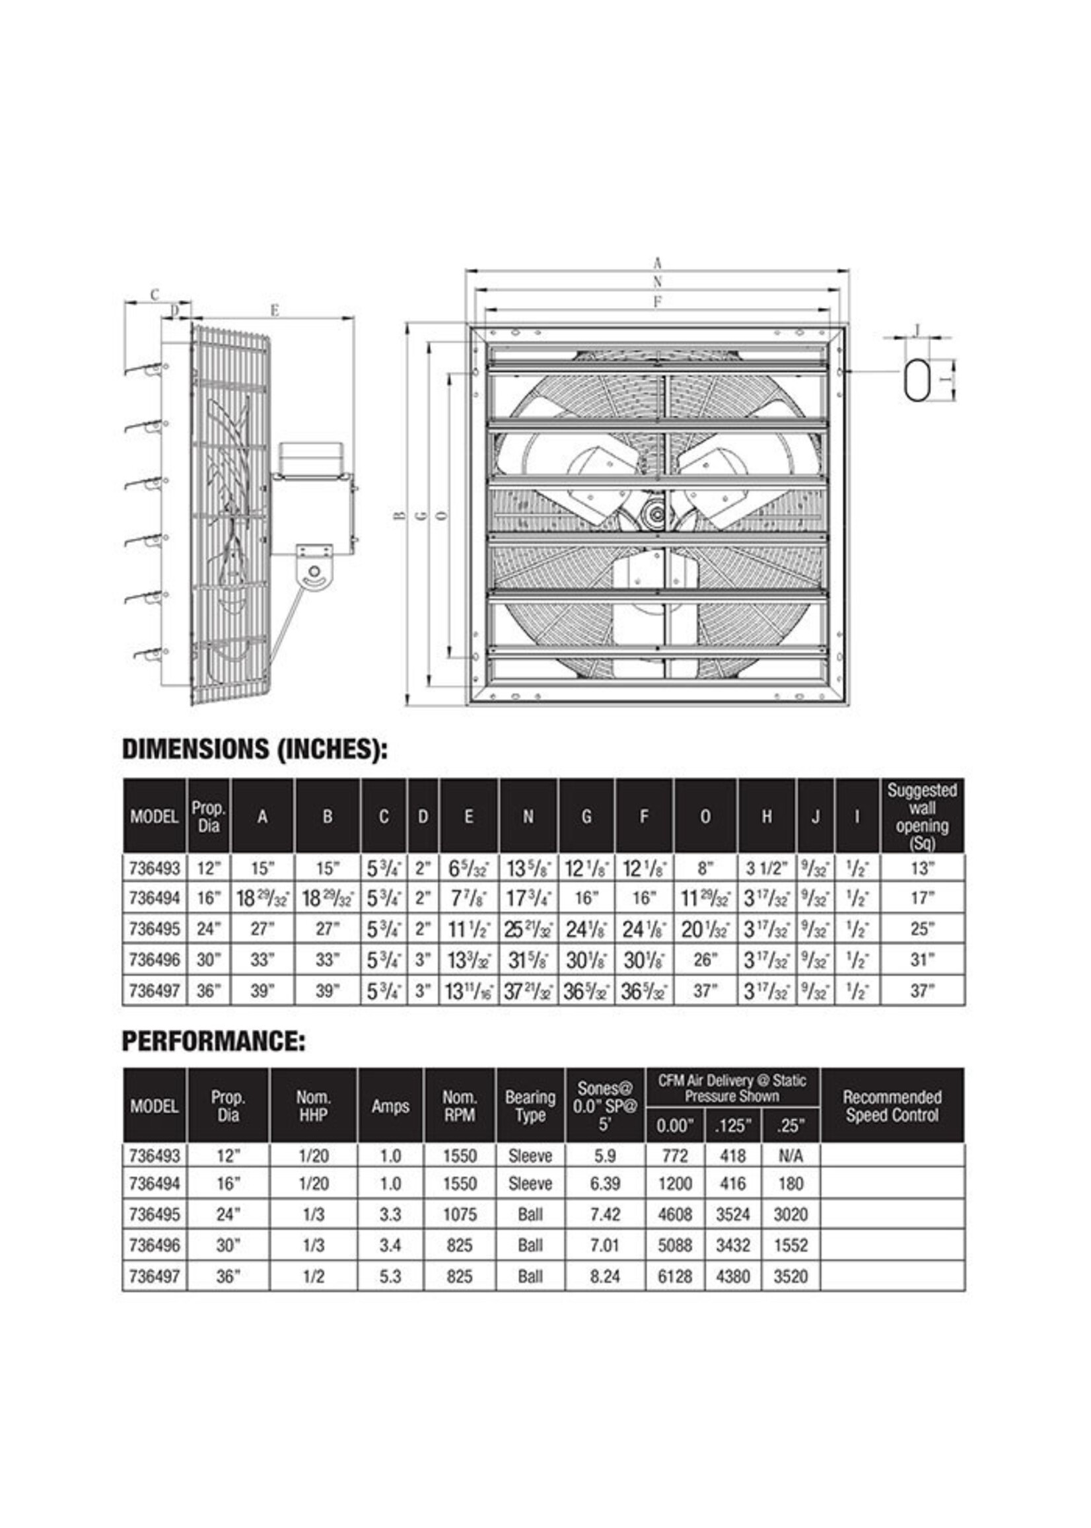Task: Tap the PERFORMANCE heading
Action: point(213,1041)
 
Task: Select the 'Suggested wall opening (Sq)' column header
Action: point(922,817)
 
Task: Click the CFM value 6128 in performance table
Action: point(674,1276)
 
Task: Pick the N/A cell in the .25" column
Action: point(790,1155)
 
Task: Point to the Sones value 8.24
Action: point(605,1276)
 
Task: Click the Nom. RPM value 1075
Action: point(460,1215)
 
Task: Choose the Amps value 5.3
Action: point(390,1276)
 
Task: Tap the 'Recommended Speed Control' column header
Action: point(892,1105)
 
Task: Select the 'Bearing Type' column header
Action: point(530,1105)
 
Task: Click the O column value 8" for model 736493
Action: point(704,868)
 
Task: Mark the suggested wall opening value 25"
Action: point(922,929)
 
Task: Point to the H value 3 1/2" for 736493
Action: point(766,868)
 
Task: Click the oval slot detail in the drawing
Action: point(917,381)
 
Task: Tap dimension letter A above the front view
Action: point(658,264)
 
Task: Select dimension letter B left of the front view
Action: point(399,515)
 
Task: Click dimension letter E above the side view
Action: point(273,310)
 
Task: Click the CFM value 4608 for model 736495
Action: point(674,1215)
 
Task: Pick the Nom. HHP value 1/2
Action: point(313,1276)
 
